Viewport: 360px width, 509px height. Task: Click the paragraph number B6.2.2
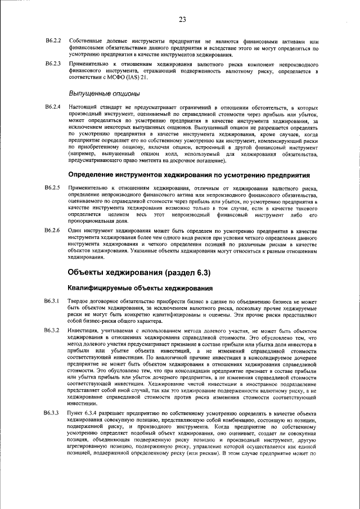click(x=52, y=41)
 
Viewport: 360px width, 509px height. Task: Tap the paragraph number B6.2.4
click(x=52, y=106)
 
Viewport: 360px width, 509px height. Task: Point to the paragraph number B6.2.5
click(x=52, y=186)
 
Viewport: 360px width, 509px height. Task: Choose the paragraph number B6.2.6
click(x=52, y=231)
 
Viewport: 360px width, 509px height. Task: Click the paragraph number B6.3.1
click(x=52, y=302)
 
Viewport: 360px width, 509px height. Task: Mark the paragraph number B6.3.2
click(x=52, y=329)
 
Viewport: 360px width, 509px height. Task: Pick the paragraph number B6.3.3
click(x=52, y=429)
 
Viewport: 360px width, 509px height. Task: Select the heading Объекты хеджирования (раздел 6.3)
click(x=138, y=273)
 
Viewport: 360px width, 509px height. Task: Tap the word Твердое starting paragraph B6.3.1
click(x=79, y=302)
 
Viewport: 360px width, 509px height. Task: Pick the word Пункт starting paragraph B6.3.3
click(x=76, y=429)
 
